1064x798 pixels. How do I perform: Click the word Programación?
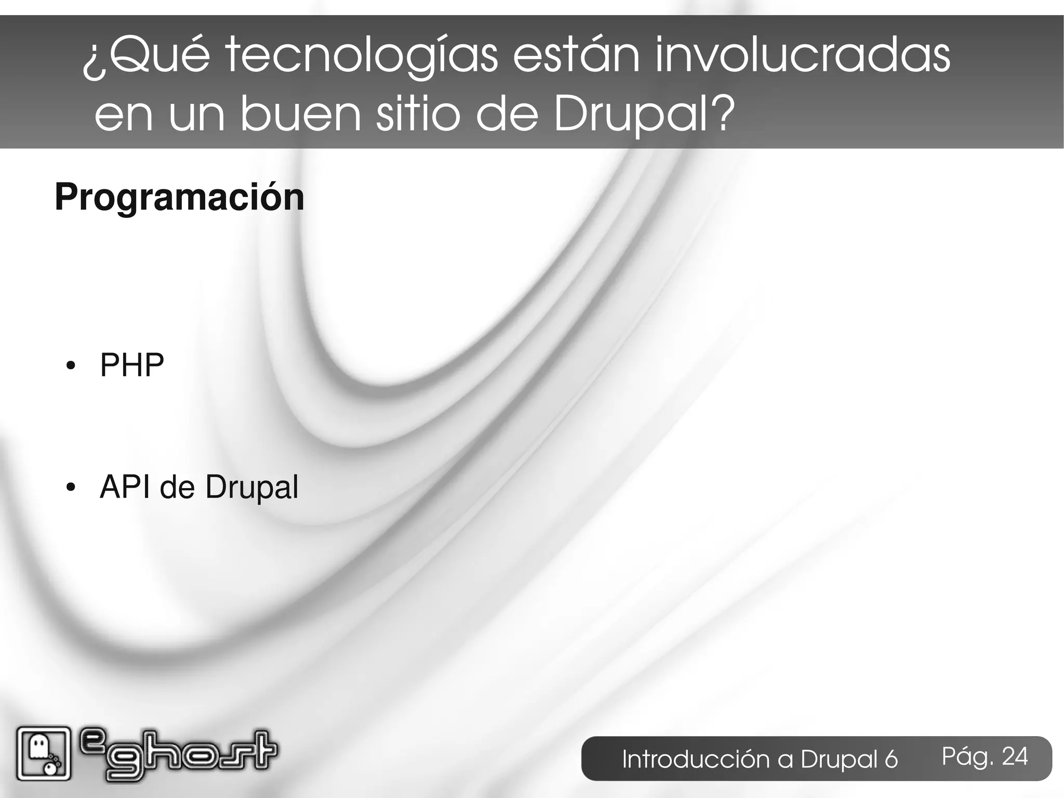tap(179, 198)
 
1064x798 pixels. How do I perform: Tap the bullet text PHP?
tap(132, 365)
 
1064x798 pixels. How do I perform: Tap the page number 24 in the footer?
tap(1014, 756)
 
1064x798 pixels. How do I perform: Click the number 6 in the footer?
tap(891, 760)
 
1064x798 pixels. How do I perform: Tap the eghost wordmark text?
tap(179, 753)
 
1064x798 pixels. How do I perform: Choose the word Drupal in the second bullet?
tap(251, 488)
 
